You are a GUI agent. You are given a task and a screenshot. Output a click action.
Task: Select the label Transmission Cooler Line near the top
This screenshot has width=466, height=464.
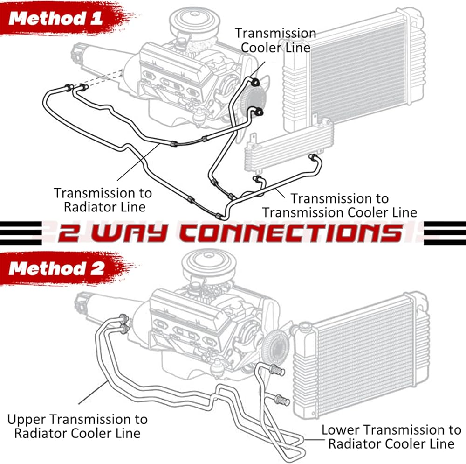pyautogui.click(x=275, y=40)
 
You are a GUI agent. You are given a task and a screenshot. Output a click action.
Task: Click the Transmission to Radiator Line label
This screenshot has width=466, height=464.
pyautogui.click(x=103, y=200)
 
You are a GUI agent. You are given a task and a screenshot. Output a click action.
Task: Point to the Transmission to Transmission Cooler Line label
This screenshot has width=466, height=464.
pyautogui.click(x=340, y=205)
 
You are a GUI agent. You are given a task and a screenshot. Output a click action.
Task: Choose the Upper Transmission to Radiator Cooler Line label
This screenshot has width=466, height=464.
pyautogui.click(x=77, y=426)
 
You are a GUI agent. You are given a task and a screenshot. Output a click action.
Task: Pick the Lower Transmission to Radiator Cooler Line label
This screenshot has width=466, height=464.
pyautogui.click(x=391, y=436)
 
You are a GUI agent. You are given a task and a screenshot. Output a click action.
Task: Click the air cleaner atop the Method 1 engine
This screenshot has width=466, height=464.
pyautogui.click(x=192, y=22)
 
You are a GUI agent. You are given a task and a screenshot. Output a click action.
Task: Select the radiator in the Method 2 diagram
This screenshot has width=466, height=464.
pyautogui.click(x=361, y=356)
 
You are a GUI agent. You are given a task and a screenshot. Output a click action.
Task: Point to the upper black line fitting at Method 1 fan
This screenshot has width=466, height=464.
pyautogui.click(x=255, y=82)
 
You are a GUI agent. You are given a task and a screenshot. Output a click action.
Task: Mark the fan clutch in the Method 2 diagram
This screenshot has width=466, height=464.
pyautogui.click(x=276, y=347)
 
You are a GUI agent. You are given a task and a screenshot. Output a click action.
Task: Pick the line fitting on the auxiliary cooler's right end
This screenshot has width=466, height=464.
pyautogui.click(x=314, y=157)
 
